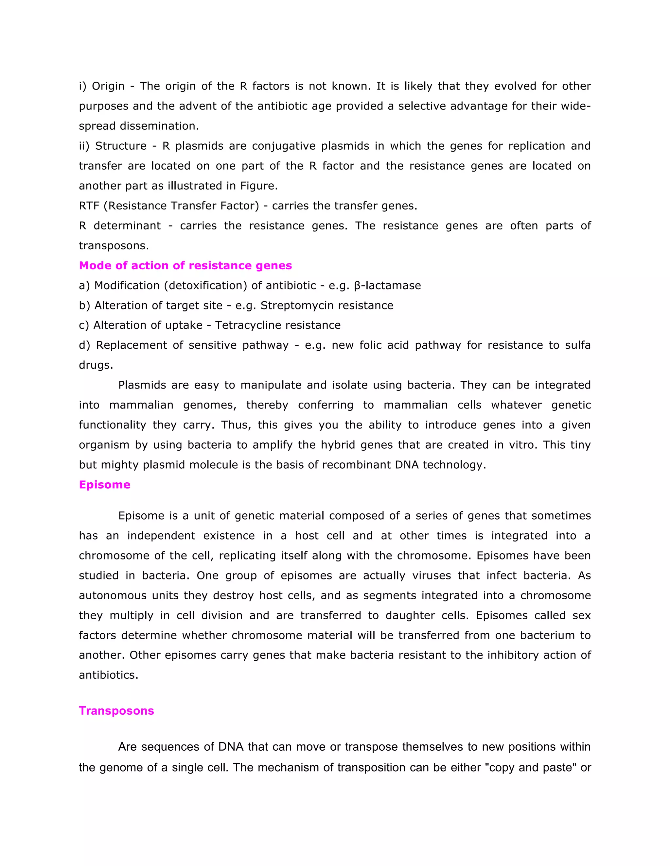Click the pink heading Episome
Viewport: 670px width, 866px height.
(104, 485)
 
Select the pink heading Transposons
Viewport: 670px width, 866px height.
(116, 710)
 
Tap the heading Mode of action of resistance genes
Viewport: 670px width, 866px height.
(185, 265)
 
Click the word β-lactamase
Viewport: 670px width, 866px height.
(387, 286)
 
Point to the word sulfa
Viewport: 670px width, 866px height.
(578, 345)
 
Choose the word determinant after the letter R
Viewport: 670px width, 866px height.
(127, 225)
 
